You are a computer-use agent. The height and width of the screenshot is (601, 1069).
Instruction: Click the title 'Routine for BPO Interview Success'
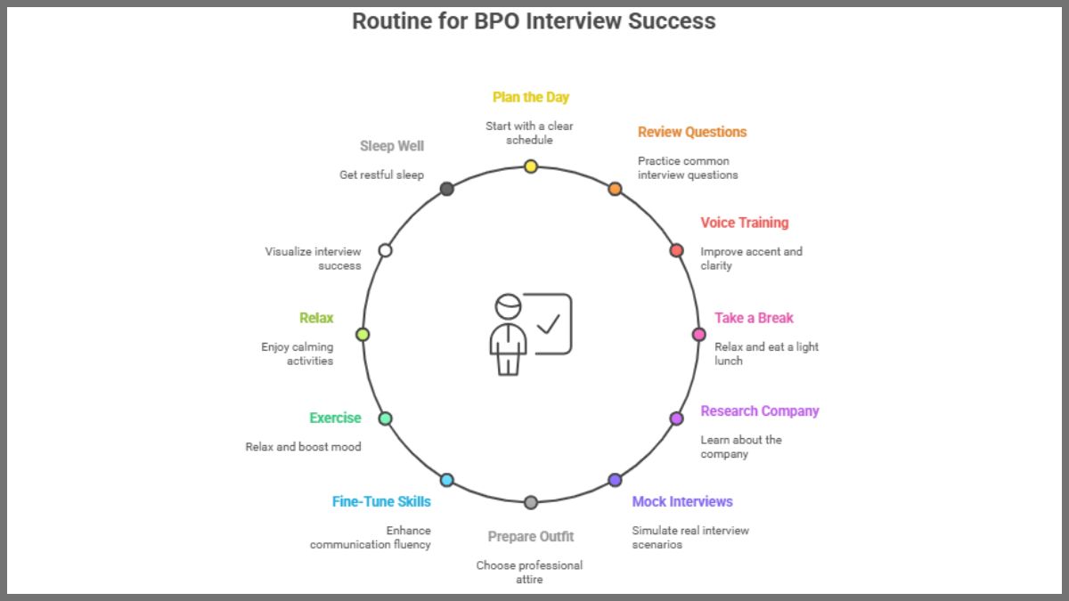534,20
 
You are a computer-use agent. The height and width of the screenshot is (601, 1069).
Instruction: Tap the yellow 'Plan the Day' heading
531,97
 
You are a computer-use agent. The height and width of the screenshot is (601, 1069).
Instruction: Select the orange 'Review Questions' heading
691,132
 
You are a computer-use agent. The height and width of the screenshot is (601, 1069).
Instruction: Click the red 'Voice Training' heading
744,223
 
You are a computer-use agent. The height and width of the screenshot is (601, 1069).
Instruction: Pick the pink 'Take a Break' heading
753,318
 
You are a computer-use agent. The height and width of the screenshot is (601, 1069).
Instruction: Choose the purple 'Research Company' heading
759,410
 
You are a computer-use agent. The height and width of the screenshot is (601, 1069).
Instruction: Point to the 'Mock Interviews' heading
682,501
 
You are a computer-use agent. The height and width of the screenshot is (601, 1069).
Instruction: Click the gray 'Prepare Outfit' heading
531,536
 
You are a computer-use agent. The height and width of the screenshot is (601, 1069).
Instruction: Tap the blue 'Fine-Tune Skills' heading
381,501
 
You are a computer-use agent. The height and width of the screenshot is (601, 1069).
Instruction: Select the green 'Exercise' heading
335,418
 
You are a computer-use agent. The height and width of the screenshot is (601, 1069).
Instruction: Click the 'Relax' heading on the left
316,318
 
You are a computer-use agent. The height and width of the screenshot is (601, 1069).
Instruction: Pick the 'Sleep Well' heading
392,146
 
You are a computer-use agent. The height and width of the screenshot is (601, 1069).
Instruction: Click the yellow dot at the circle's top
531,166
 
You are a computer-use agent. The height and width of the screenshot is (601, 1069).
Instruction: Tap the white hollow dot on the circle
385,250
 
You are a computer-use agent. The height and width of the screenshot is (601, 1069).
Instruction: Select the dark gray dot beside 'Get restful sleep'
447,189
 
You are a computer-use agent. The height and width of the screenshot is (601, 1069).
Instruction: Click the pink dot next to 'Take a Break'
699,335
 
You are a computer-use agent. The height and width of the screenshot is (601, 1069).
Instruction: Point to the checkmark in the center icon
549,322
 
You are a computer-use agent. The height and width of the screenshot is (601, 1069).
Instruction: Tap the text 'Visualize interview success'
313,258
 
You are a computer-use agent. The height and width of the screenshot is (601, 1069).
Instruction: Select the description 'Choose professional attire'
529,572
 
